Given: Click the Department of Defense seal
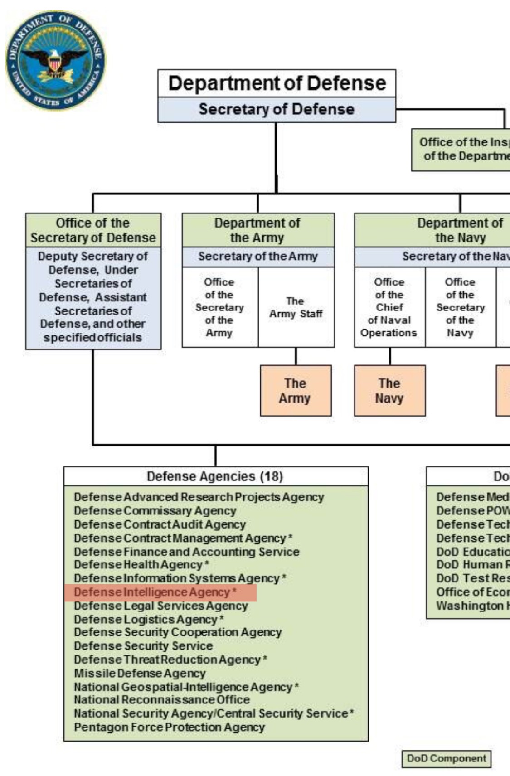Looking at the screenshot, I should pyautogui.click(x=55, y=60).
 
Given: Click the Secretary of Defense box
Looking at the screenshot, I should pyautogui.click(x=277, y=109).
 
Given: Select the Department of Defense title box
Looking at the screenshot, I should pyautogui.click(x=277, y=83).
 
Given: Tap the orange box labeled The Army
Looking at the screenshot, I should pyautogui.click(x=296, y=391).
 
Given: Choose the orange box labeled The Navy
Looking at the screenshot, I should pyautogui.click(x=389, y=391).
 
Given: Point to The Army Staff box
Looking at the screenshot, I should pyautogui.click(x=296, y=307).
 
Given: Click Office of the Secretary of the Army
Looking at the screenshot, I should pyautogui.click(x=220, y=307).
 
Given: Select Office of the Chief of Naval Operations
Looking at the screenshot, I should pyautogui.click(x=389, y=307).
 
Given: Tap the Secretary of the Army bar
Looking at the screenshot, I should pyautogui.click(x=258, y=257).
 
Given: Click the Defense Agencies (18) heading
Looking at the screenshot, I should pyautogui.click(x=215, y=476).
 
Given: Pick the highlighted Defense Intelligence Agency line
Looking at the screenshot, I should pyautogui.click(x=154, y=592).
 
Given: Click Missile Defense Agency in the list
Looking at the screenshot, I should pyautogui.click(x=140, y=674).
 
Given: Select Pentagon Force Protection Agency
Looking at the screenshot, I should pyautogui.click(x=169, y=727).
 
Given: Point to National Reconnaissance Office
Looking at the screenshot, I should pyautogui.click(x=162, y=700).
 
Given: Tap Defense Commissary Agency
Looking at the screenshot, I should pyautogui.click(x=155, y=511).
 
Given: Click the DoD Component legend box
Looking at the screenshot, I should pyautogui.click(x=446, y=758).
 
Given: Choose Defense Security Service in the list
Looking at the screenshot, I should pyautogui.click(x=143, y=646).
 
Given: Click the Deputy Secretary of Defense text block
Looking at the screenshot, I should pyautogui.click(x=93, y=297).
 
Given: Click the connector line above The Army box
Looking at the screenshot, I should pyautogui.click(x=296, y=356).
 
